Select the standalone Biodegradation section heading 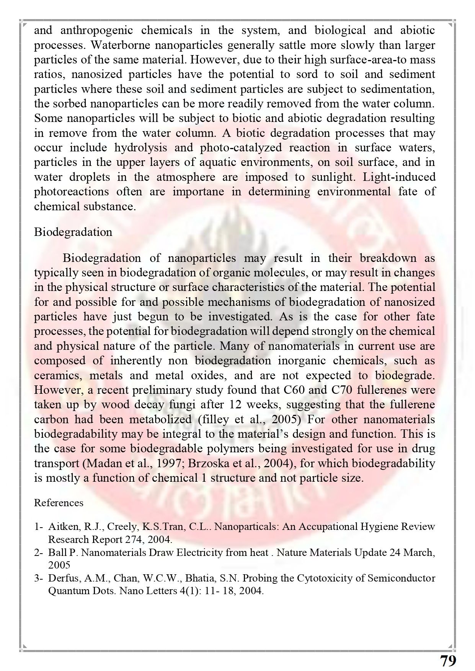(73, 232)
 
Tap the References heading (59, 502)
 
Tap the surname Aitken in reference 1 (60, 526)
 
